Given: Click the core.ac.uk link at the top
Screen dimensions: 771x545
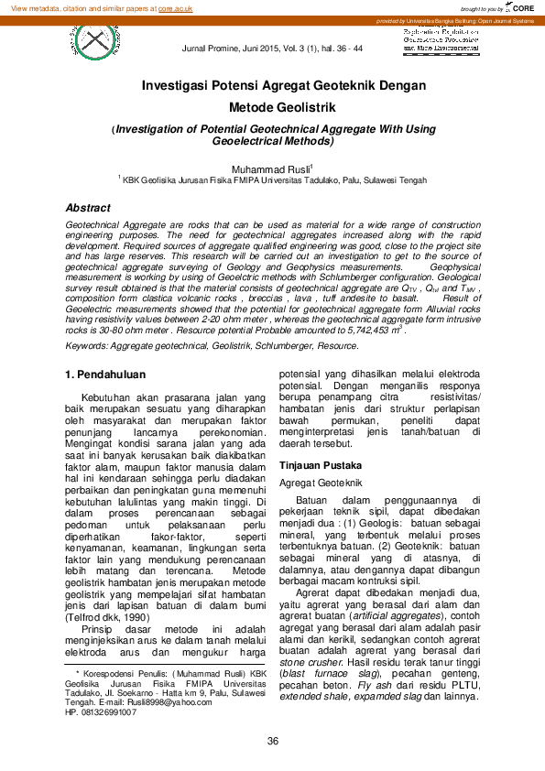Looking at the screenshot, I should point(175,7).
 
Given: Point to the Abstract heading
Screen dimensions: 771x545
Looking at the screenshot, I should point(88,208).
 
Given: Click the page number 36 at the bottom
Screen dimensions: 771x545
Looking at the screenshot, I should point(272,741).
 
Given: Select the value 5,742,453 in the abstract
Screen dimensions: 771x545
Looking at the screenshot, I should point(364,328).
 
